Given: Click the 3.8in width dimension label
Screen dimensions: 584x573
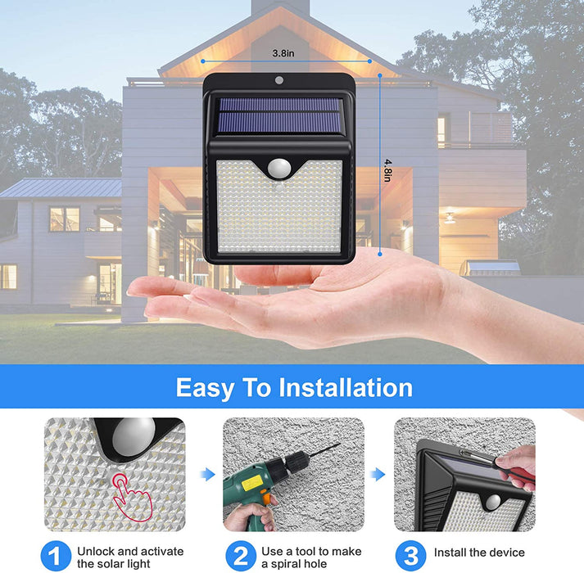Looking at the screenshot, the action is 283,53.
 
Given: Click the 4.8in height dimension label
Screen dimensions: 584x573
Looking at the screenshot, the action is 387,171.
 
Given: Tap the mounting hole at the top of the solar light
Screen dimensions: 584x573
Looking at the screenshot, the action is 279,80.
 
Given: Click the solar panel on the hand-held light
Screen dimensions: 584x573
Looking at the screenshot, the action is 279,115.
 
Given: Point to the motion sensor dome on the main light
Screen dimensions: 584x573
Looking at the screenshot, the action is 278,168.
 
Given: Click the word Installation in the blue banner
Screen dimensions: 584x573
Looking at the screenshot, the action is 346,388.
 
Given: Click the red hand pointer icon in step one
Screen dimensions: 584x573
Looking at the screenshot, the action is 132,496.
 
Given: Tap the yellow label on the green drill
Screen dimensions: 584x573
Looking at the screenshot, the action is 251,483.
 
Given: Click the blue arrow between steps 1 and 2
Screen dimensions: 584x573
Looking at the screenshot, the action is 208,474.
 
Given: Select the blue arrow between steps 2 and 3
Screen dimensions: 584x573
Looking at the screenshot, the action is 378,474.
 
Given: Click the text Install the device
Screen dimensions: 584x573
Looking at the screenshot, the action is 479,553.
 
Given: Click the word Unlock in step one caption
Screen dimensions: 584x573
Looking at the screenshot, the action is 96,551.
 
